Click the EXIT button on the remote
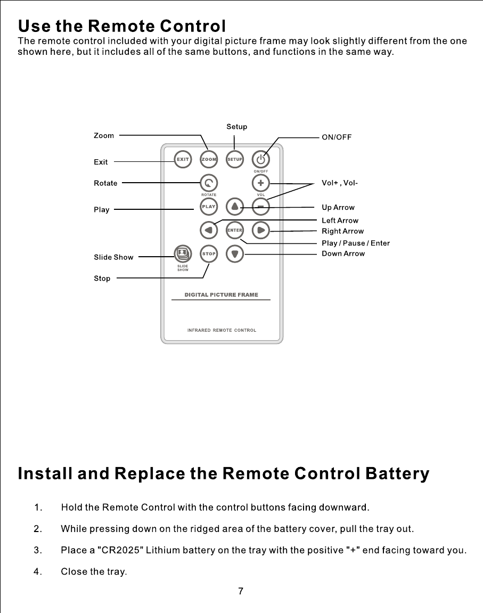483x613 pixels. (183, 159)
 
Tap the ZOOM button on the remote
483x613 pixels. (209, 159)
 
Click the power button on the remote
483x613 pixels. (260, 159)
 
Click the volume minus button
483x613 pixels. (260, 206)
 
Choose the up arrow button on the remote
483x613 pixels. (235, 206)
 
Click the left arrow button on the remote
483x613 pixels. (209, 230)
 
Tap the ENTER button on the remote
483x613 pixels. (235, 230)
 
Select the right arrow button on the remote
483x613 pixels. (260, 230)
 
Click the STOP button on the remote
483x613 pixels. (209, 254)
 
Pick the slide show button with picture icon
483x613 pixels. (183, 252)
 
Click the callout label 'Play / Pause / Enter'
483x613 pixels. (356, 243)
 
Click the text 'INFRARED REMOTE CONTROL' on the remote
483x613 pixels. (222, 330)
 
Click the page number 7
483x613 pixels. (241, 591)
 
